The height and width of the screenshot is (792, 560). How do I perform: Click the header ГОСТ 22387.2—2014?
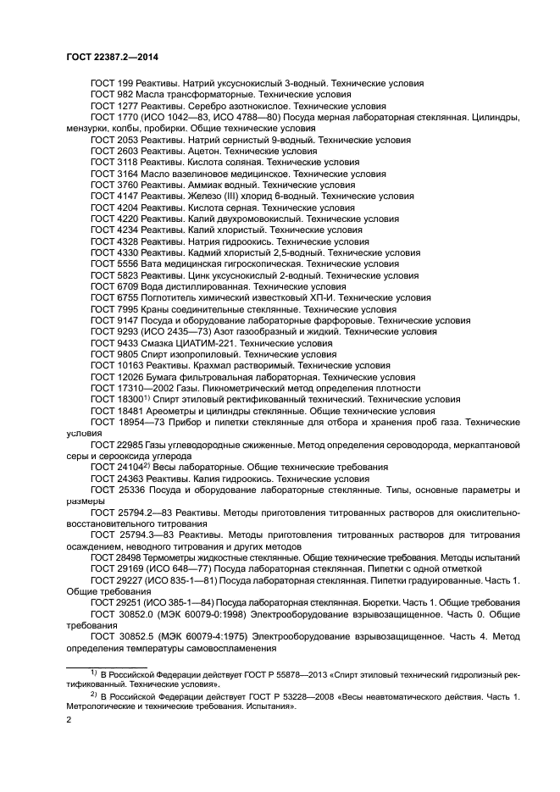112,56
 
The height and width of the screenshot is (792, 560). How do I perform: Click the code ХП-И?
315,297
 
